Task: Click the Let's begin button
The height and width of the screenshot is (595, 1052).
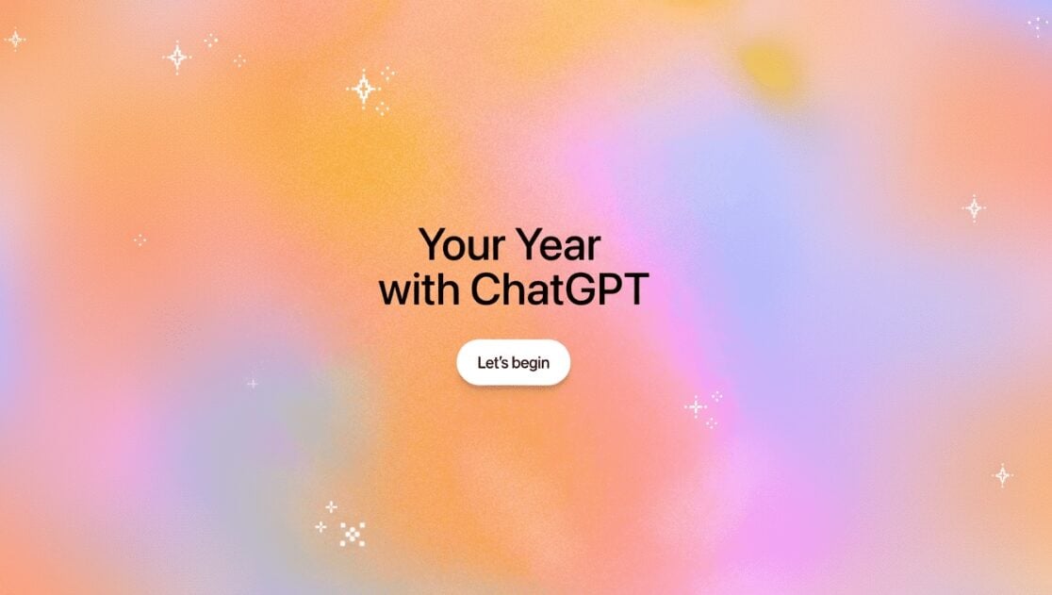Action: click(x=513, y=363)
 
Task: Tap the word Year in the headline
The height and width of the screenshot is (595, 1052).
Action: click(x=558, y=245)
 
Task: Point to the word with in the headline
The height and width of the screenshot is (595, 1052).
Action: click(x=419, y=290)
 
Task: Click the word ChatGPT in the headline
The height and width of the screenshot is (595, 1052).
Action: click(x=559, y=290)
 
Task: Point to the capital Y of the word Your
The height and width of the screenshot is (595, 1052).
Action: click(x=434, y=245)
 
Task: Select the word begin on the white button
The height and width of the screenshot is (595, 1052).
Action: click(x=531, y=364)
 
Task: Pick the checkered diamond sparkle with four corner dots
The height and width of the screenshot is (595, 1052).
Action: click(x=352, y=534)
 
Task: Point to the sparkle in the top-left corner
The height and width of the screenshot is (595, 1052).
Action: click(x=15, y=40)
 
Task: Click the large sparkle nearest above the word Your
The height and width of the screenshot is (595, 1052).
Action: click(x=363, y=89)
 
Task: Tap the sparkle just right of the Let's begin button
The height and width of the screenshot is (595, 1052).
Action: click(x=696, y=407)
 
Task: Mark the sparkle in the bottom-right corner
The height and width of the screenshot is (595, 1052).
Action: click(x=1003, y=475)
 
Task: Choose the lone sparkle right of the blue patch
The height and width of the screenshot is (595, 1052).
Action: click(x=974, y=207)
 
